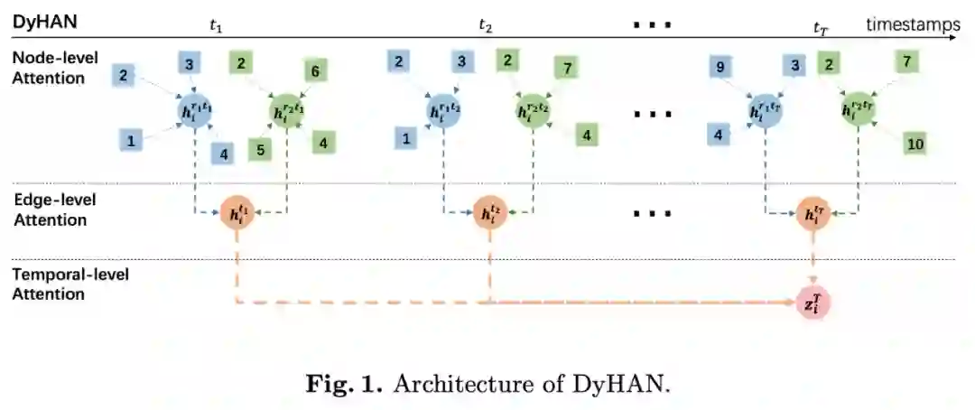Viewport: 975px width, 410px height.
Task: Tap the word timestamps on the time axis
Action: (x=913, y=24)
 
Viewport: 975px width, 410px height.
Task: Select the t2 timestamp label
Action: (x=486, y=25)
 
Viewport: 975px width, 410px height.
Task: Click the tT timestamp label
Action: (x=821, y=28)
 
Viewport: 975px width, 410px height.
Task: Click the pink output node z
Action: (x=812, y=303)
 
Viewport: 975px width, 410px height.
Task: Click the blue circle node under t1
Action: (x=195, y=112)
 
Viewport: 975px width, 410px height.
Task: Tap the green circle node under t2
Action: (x=533, y=112)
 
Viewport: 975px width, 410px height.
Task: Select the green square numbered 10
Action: (x=915, y=144)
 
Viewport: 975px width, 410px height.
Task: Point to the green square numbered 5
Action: (x=259, y=149)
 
